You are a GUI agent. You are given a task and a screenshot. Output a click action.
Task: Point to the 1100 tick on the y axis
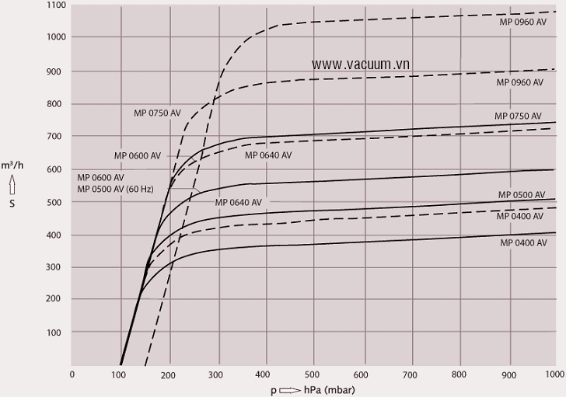coord(55,5)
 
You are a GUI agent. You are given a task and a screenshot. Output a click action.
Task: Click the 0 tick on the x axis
coord(72,374)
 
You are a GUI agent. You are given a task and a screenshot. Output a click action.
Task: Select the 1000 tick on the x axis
coord(555,374)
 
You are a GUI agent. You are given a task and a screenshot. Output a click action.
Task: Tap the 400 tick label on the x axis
coord(266,374)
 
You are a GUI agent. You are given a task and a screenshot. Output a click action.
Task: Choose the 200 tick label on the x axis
coord(169,374)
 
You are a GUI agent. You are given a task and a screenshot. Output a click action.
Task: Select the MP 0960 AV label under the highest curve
coord(523,23)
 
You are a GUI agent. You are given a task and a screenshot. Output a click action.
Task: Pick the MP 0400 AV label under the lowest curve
coord(523,242)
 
